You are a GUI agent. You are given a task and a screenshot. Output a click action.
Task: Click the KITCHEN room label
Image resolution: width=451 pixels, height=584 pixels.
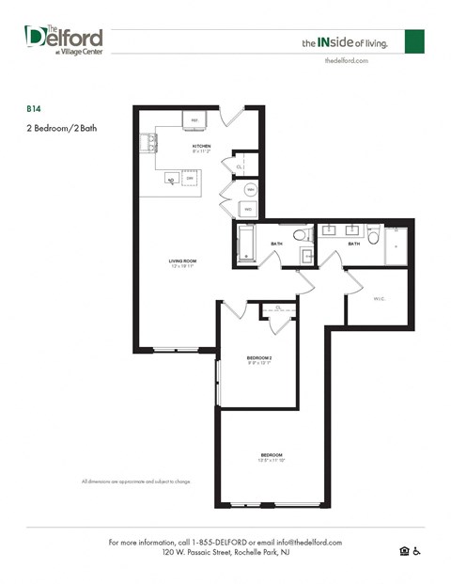pyautogui.click(x=201, y=147)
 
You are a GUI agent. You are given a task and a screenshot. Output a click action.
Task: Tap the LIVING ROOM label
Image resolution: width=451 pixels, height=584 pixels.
pyautogui.click(x=182, y=262)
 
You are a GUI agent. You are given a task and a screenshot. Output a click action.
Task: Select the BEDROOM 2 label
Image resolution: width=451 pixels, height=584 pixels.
pyautogui.click(x=259, y=359)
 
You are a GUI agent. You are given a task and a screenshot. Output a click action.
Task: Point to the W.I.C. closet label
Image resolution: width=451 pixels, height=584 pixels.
pyautogui.click(x=379, y=299)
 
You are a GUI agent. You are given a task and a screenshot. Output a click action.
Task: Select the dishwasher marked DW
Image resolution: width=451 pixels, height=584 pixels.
pyautogui.click(x=189, y=178)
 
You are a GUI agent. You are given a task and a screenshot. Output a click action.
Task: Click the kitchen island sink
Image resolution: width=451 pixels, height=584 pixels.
pyautogui.click(x=171, y=177)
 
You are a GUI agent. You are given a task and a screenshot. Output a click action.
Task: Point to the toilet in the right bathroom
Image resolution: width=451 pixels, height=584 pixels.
pyautogui.click(x=373, y=236)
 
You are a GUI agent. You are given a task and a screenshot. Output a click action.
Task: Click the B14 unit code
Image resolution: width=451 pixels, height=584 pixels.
pyautogui.click(x=33, y=108)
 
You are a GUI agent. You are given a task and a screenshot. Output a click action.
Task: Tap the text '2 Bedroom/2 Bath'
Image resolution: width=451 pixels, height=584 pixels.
pyautogui.click(x=61, y=129)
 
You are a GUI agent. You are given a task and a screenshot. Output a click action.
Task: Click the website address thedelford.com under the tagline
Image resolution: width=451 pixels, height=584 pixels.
pyautogui.click(x=346, y=59)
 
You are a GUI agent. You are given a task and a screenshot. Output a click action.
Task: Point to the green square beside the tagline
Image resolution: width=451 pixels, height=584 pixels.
pyautogui.click(x=414, y=41)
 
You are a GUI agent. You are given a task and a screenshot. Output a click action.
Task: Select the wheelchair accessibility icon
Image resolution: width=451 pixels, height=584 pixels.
pyautogui.click(x=418, y=551)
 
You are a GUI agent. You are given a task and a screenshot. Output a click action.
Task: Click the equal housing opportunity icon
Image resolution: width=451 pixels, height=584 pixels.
pyautogui.click(x=405, y=551)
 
